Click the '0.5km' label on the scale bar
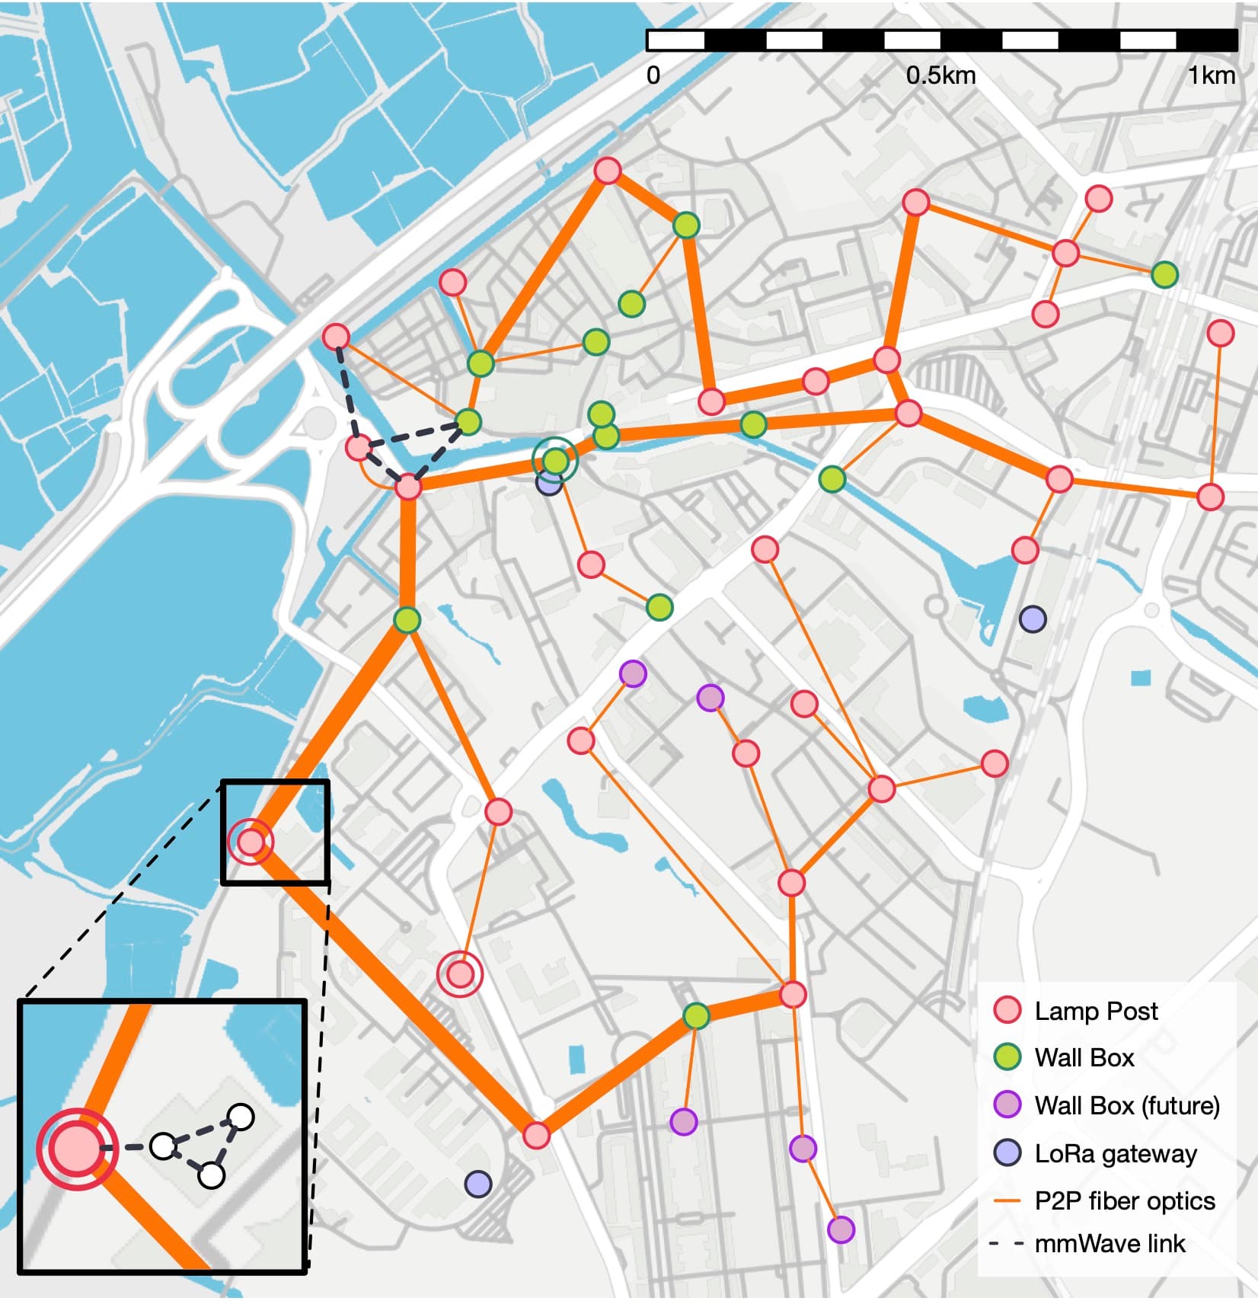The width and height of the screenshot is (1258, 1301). point(940,75)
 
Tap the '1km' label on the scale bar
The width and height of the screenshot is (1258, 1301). point(1212,75)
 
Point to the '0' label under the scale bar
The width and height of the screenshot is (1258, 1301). point(653,75)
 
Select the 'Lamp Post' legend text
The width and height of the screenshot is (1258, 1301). point(1096,1011)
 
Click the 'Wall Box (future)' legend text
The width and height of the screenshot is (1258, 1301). point(1127,1105)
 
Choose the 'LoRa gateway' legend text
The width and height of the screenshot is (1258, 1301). point(1116,1154)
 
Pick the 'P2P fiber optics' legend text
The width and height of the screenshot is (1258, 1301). point(1125,1201)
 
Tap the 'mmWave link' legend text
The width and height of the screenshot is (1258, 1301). point(1110,1244)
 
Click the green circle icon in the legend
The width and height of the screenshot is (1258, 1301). point(1008,1057)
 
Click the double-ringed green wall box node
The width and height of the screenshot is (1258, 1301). point(556,460)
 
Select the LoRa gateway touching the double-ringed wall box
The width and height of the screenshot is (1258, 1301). point(548,482)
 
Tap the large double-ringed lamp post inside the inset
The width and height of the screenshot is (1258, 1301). point(76,1149)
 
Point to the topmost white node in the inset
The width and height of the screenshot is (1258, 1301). point(241,1117)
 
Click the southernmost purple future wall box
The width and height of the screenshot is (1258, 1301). point(841,1230)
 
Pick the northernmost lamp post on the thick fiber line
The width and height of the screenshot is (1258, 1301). point(607,171)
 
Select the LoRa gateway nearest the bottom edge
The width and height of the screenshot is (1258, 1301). point(477,1184)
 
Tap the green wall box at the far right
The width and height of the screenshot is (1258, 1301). point(1164,274)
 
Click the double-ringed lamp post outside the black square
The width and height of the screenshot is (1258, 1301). point(460,973)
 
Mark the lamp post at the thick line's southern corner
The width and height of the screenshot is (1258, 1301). point(536,1135)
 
